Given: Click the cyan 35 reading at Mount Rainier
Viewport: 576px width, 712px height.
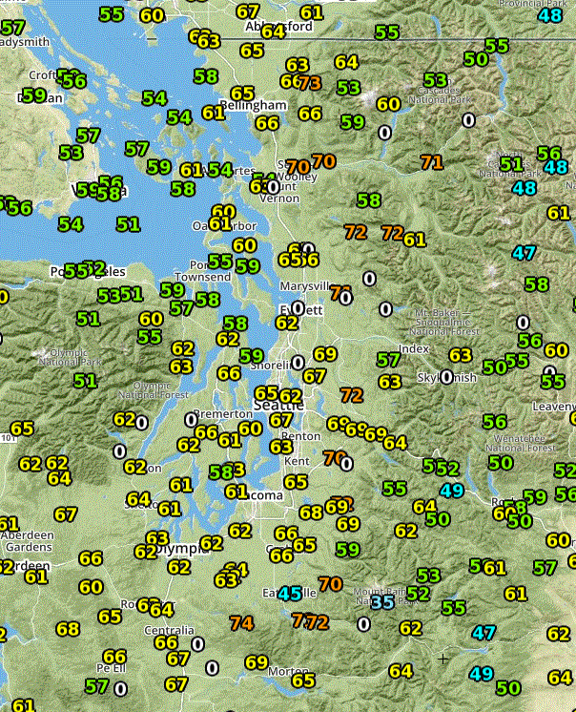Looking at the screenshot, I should point(382,602).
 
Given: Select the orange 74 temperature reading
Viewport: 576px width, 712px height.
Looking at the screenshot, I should point(242,623).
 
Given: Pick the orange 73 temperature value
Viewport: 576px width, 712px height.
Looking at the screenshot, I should point(309,83).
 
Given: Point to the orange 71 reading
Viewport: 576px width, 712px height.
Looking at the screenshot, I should point(432,161).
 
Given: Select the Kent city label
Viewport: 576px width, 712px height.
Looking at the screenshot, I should point(297,461).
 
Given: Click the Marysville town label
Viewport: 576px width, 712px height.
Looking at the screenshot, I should point(304,285).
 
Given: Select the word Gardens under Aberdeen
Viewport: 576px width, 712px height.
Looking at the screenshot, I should point(27,548).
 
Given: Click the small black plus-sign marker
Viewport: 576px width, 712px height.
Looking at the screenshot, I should point(442,659).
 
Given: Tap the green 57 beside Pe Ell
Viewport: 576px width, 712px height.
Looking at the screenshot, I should point(96,685).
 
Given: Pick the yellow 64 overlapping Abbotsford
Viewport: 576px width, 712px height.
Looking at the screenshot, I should point(273,31).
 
